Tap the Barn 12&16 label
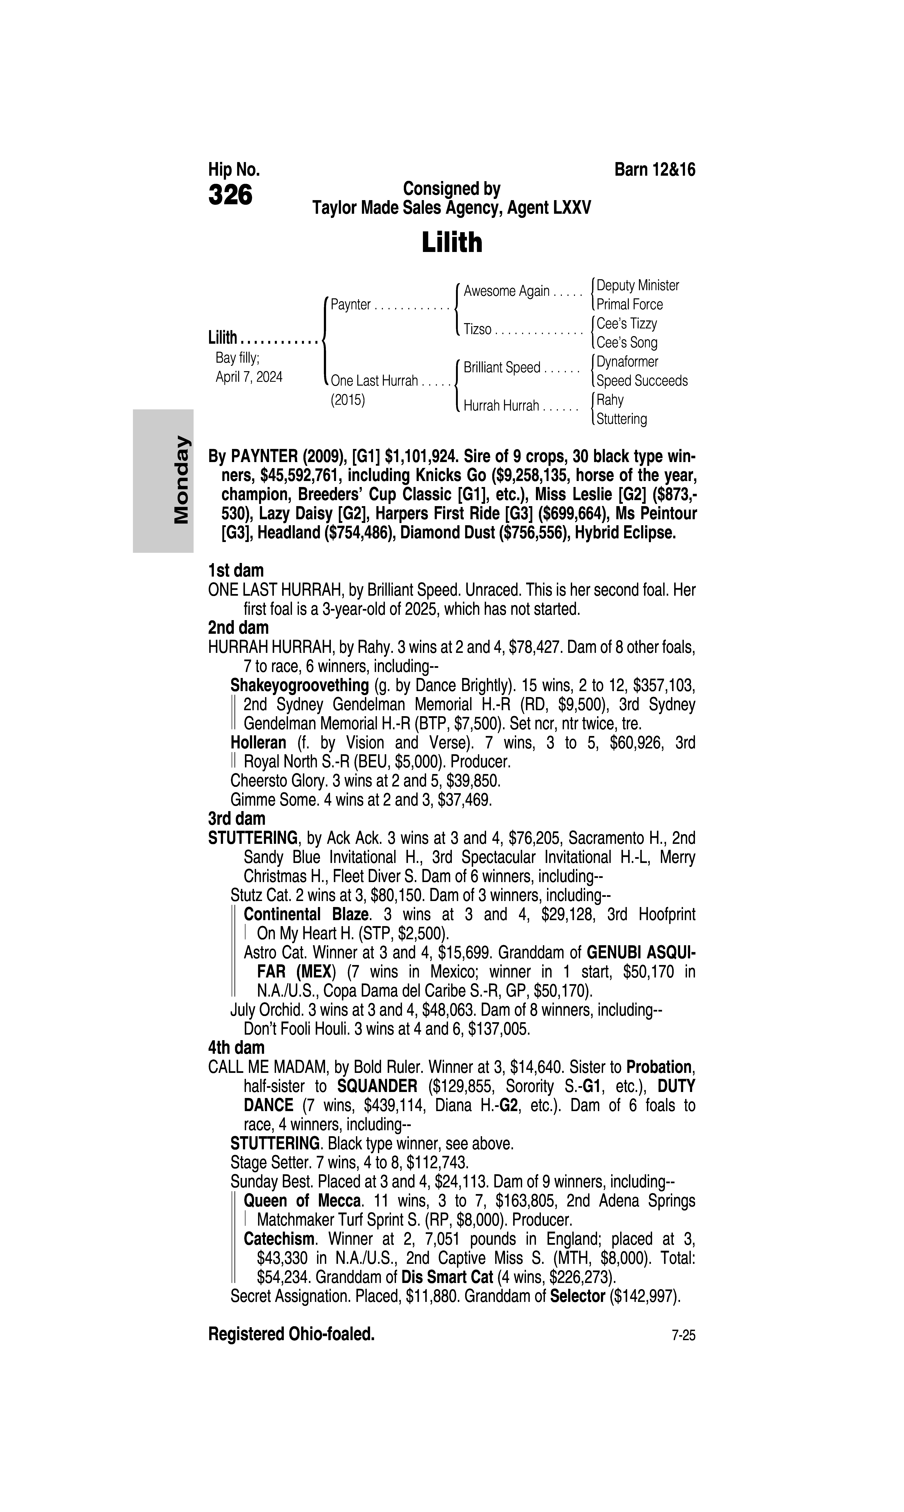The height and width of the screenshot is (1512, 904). coord(655,170)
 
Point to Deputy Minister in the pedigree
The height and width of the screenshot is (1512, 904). coord(637,285)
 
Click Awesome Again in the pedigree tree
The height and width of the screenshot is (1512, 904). coord(506,291)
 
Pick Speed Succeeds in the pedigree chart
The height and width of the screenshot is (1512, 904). coord(641,381)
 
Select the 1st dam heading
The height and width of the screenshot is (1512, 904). coord(236,571)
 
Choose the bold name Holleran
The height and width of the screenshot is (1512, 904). coord(258,743)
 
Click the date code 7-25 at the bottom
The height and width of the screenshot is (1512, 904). coord(683,1336)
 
